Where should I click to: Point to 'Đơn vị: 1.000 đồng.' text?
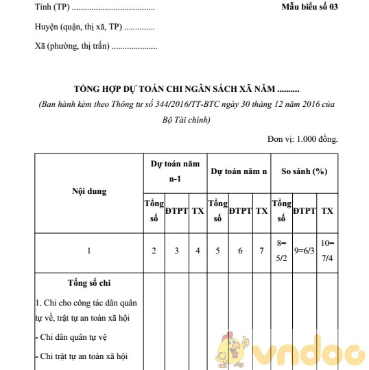(x=302, y=139)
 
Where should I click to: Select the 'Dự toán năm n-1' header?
(x=175, y=171)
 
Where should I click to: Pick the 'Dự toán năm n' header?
(x=239, y=171)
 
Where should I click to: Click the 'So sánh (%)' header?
(x=304, y=171)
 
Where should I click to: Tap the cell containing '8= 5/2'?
(x=281, y=251)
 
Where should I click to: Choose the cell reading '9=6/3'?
(x=304, y=251)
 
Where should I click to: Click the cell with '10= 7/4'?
(x=327, y=251)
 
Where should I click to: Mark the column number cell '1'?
(x=89, y=251)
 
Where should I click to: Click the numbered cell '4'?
(x=198, y=251)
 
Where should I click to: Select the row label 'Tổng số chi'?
(x=89, y=283)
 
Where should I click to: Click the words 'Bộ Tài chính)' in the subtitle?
(x=186, y=119)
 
